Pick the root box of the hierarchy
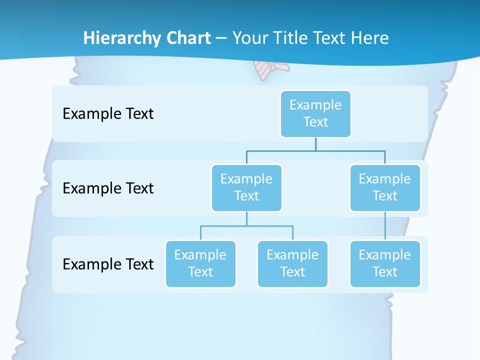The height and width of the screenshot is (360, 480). (315, 113)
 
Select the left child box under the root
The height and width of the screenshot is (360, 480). (246, 187)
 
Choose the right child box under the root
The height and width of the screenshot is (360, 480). (385, 187)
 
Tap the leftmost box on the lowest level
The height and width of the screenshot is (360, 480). (200, 263)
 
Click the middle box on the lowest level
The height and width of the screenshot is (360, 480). (292, 263)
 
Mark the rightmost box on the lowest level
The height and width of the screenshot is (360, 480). (385, 263)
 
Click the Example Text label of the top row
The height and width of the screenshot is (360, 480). (108, 114)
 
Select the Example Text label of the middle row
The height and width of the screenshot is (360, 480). (108, 188)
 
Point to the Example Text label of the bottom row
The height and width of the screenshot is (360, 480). (108, 264)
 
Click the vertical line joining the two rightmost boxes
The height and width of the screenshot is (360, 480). (385, 226)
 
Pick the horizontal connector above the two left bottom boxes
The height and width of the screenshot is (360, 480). (246, 226)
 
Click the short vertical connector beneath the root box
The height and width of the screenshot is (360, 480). (315, 144)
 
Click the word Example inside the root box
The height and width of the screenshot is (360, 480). (315, 105)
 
